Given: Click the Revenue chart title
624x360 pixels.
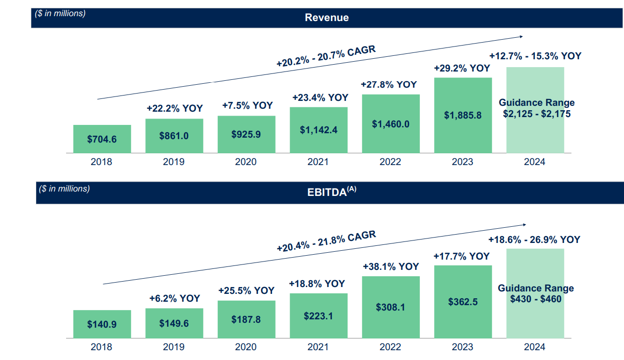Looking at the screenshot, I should coord(326,18).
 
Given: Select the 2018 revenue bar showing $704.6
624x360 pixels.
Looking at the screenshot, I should coord(102,139).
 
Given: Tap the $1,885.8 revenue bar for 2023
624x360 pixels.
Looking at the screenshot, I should coord(462,116).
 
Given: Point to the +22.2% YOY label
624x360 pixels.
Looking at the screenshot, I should coord(174,108).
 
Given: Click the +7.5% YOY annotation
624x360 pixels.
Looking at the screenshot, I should coord(247,105).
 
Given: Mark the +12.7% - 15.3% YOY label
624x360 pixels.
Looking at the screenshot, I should coord(535,56).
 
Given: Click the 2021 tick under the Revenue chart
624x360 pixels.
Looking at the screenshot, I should coord(318,162).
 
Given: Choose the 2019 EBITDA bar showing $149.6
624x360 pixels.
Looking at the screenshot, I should coord(174,323).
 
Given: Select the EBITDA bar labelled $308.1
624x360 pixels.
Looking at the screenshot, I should coord(391,307).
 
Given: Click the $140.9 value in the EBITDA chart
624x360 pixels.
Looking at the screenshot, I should coord(102,324).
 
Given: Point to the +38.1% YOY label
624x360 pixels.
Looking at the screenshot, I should coord(391,266).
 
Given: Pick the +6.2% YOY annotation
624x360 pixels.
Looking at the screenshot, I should coord(174,298).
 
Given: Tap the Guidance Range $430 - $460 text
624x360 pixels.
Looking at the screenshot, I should coord(535,293).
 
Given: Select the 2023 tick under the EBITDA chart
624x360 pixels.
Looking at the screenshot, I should coord(462,347).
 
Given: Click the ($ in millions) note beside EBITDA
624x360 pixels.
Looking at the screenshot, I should coord(65,189).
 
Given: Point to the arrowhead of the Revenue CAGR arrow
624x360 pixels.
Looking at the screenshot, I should coord(521,36).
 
